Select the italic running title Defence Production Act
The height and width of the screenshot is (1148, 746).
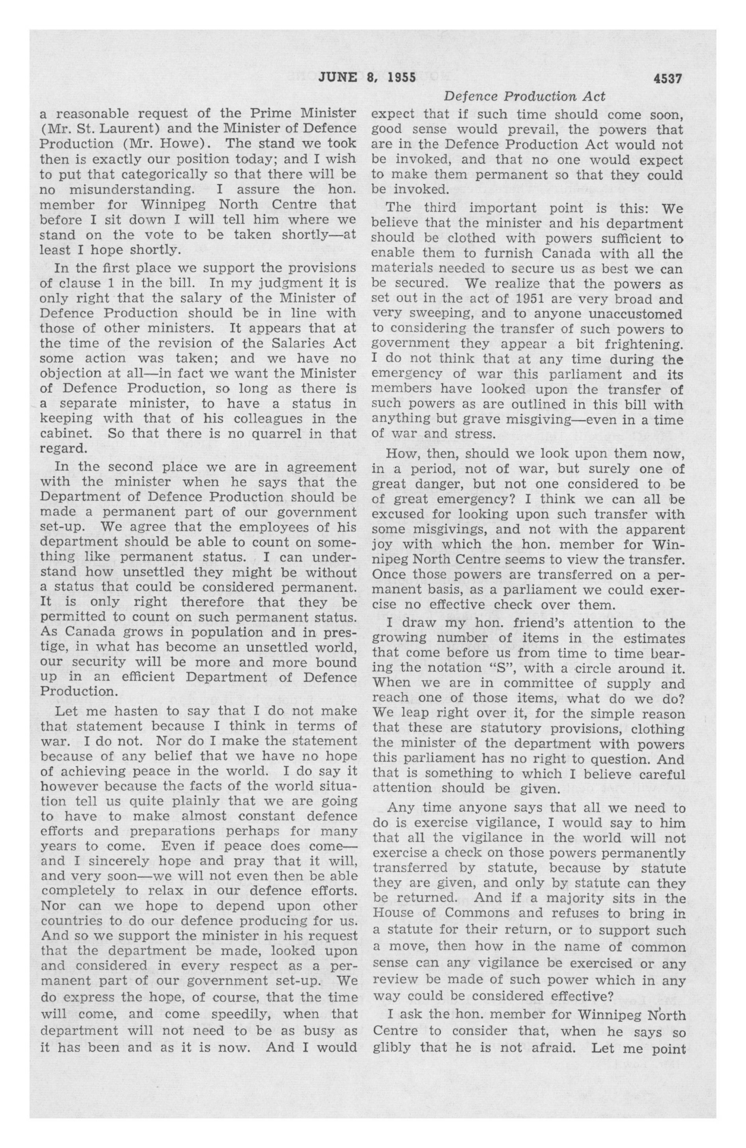[524, 97]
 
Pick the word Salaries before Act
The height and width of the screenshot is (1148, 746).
[297, 343]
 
